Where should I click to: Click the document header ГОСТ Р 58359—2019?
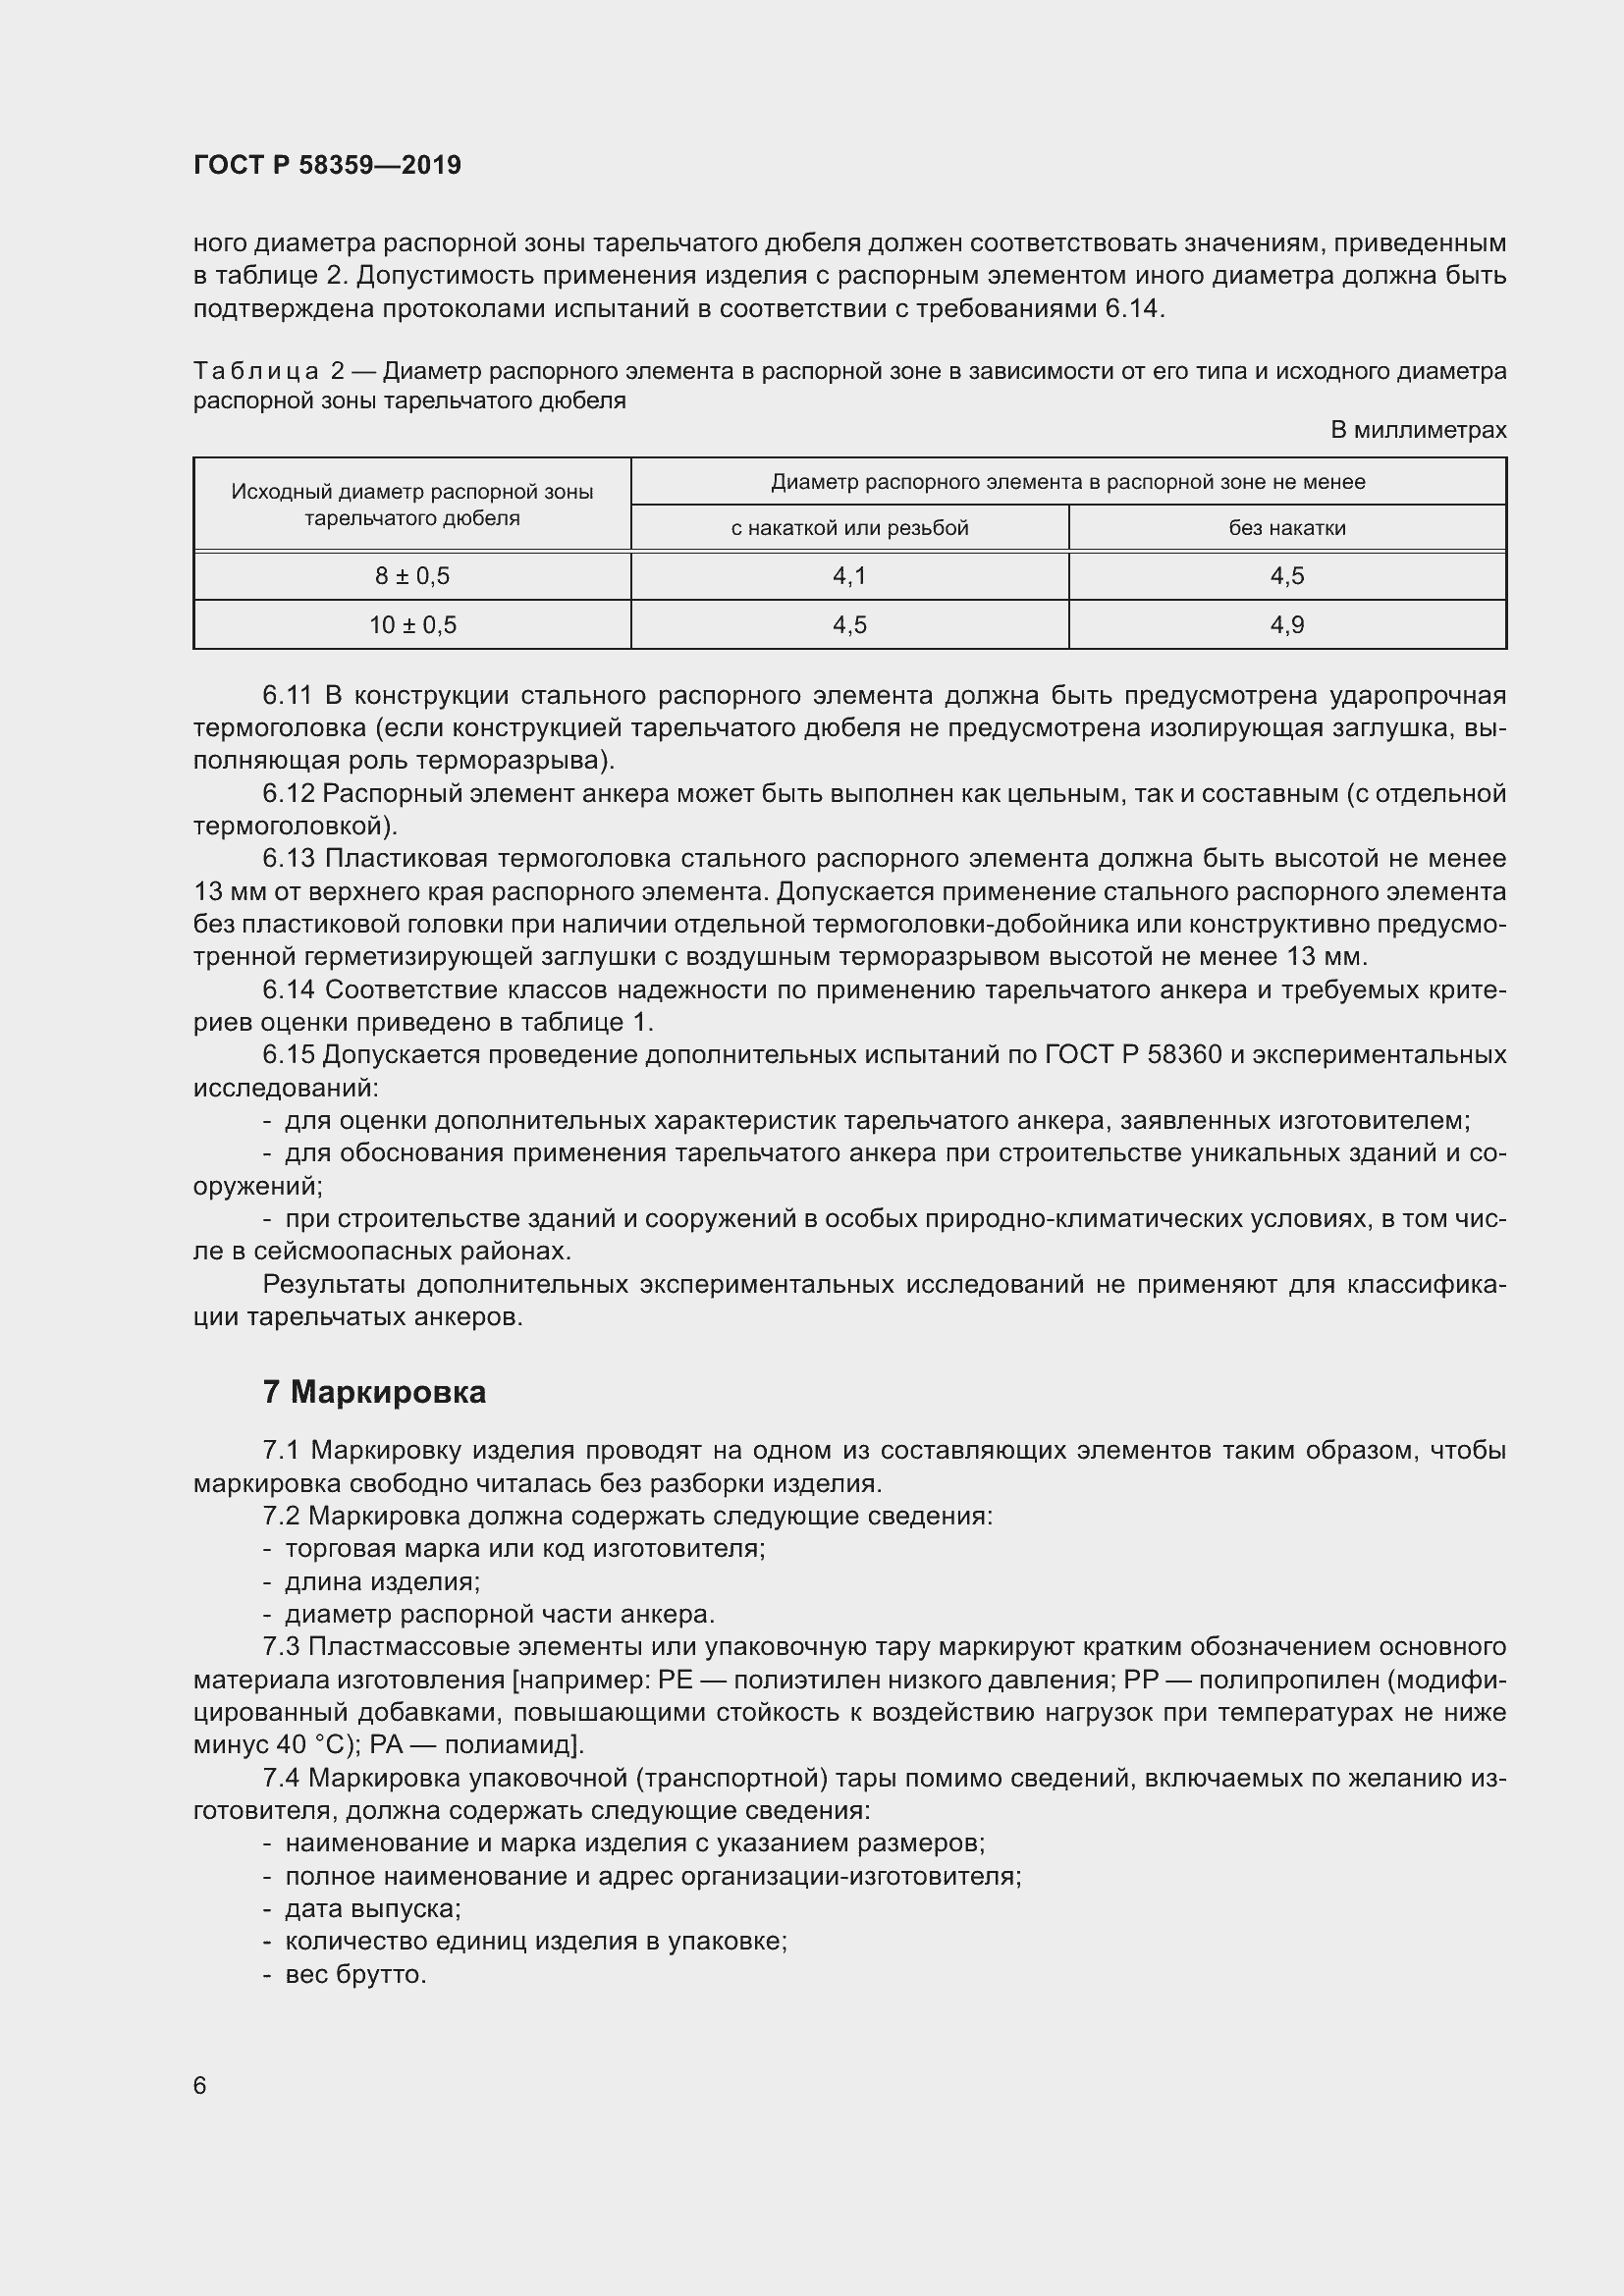327,165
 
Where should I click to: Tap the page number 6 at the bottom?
200,2085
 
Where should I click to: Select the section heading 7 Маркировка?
374,1392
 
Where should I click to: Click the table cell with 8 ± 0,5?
412,576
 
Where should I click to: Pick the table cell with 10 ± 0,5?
412,625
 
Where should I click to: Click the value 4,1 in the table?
849,576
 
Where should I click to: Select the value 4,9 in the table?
1287,625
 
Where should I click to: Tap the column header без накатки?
1287,528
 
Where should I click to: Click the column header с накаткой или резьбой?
849,528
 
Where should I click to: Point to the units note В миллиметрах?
1417,430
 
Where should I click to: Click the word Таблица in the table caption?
256,372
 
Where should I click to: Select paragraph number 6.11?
288,695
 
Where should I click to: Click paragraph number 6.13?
288,859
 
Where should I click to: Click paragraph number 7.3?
281,1647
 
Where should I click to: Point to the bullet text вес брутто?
355,1975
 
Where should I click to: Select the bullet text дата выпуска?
372,1909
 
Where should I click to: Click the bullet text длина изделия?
382,1582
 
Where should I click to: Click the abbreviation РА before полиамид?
385,1745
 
